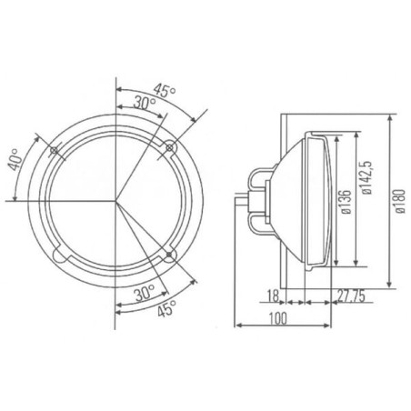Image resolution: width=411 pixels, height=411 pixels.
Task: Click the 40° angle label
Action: (x=15, y=159)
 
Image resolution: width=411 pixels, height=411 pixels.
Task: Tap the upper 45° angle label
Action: (x=164, y=90)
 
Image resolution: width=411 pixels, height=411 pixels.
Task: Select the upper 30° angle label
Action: (x=145, y=103)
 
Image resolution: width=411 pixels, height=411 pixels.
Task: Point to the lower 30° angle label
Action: (x=145, y=293)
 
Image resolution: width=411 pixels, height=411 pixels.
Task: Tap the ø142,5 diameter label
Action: (x=366, y=178)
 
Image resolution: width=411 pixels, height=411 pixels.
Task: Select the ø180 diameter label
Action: (x=400, y=201)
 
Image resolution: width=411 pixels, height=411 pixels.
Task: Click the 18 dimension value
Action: (x=273, y=296)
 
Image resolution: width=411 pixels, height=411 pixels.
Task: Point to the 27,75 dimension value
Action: (x=351, y=296)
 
